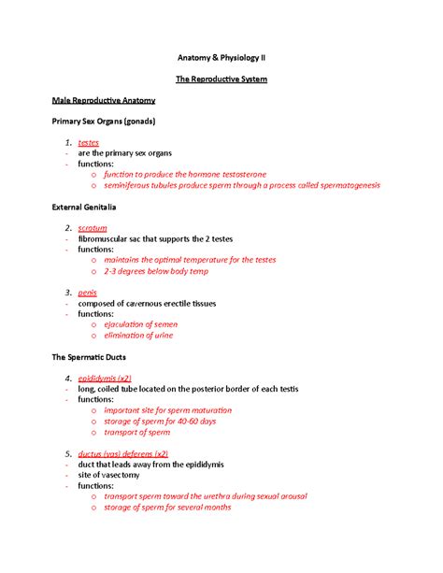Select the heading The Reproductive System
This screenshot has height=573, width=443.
[x=221, y=79]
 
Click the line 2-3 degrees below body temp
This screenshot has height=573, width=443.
[x=157, y=271]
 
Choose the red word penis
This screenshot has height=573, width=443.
[x=89, y=293]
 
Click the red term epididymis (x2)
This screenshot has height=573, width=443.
[x=110, y=379]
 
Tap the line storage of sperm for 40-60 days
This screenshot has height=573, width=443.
[x=160, y=422]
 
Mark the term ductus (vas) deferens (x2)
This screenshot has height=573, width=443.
[x=123, y=453]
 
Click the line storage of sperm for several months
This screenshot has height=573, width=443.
[x=167, y=508]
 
